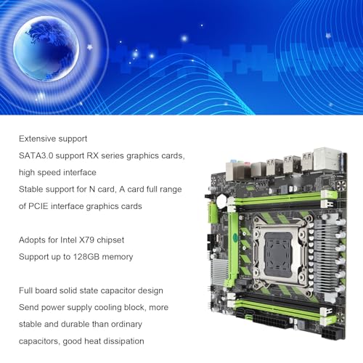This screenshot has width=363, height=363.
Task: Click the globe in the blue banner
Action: (46, 49)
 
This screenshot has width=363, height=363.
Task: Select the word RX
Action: (93, 155)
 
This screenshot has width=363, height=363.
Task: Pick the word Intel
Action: (68, 240)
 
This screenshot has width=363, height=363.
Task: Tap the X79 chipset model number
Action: (87, 240)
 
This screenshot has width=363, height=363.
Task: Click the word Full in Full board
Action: (25, 290)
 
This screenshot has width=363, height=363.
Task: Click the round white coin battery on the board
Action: (222, 201)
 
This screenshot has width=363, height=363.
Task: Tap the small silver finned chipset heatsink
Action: (219, 271)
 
